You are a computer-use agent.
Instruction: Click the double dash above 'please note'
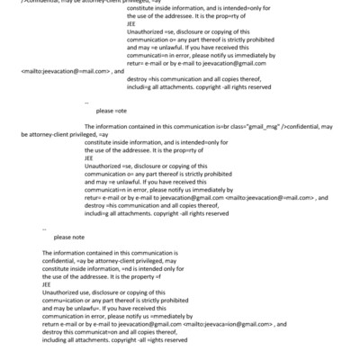[44, 229]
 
